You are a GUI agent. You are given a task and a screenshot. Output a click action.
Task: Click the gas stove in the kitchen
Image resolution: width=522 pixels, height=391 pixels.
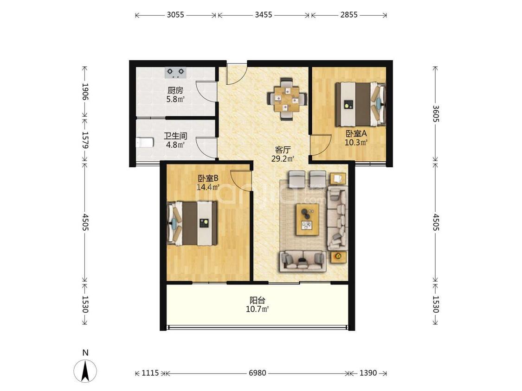[175, 72]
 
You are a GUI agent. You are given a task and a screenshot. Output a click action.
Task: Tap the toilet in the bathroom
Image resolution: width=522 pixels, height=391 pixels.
[145, 142]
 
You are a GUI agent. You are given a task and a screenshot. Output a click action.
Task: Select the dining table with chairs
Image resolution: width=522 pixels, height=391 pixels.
[286, 99]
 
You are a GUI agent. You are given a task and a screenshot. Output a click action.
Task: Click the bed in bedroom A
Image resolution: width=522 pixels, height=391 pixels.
[360, 104]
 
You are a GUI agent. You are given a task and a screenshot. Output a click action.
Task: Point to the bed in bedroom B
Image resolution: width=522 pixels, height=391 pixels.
[192, 223]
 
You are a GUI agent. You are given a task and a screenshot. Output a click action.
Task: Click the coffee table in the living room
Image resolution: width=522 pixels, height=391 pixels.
[308, 220]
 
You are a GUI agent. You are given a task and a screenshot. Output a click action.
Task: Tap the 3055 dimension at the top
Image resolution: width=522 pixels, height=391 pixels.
[175, 15]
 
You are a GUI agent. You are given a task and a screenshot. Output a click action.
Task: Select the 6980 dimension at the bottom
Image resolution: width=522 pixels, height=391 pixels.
[258, 373]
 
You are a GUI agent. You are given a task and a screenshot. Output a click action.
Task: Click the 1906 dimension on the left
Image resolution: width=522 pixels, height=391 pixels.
[85, 92]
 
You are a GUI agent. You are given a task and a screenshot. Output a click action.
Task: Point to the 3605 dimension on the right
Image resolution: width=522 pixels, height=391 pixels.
[436, 114]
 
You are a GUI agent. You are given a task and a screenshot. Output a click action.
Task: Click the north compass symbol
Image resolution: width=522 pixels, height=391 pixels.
[85, 369]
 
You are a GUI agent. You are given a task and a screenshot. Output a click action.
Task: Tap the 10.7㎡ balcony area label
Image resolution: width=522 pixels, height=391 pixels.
[258, 309]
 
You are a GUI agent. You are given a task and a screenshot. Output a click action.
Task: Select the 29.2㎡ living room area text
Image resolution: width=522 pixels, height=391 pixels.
[283, 158]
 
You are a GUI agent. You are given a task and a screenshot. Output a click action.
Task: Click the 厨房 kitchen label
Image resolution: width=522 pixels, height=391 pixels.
[175, 90]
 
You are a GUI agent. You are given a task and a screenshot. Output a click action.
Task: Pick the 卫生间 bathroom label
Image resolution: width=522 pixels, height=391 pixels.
[175, 136]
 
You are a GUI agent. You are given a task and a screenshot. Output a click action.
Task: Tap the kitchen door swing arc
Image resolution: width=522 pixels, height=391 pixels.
[206, 91]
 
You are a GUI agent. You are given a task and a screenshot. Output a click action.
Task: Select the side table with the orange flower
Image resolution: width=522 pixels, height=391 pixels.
[338, 257]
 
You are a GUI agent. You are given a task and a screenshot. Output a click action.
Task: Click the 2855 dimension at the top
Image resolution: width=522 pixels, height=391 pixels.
[349, 15]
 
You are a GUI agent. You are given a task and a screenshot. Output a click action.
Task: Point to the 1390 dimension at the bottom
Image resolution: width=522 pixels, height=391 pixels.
[368, 373]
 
